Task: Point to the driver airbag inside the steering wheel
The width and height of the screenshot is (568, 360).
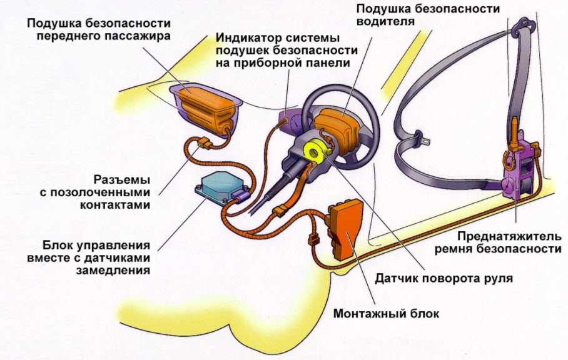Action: (335, 129)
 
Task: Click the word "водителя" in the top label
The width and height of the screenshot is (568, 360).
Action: (385, 21)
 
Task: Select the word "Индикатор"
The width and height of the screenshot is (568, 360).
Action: (249, 38)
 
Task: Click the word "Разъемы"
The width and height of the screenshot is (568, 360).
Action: (122, 180)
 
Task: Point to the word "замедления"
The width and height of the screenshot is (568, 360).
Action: (113, 270)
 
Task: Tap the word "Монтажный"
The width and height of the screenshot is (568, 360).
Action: (366, 313)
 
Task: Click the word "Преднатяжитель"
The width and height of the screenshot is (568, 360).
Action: (509, 237)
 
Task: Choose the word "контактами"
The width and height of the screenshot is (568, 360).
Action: (115, 205)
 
